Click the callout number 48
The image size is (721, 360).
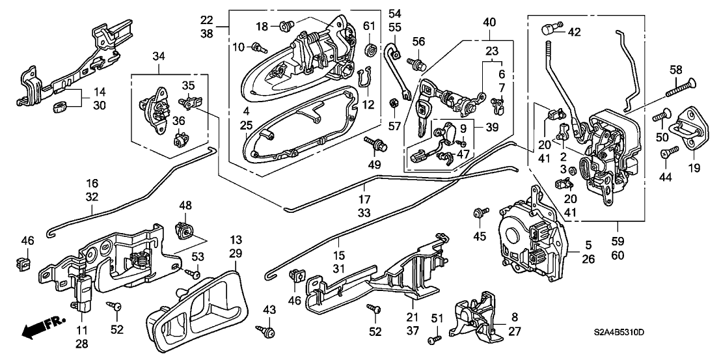click(186, 205)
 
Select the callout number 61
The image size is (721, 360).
click(370, 25)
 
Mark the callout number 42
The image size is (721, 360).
click(574, 32)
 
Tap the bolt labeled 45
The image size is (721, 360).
click(482, 212)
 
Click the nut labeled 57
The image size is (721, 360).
click(394, 102)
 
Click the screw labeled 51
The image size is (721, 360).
click(435, 340)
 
